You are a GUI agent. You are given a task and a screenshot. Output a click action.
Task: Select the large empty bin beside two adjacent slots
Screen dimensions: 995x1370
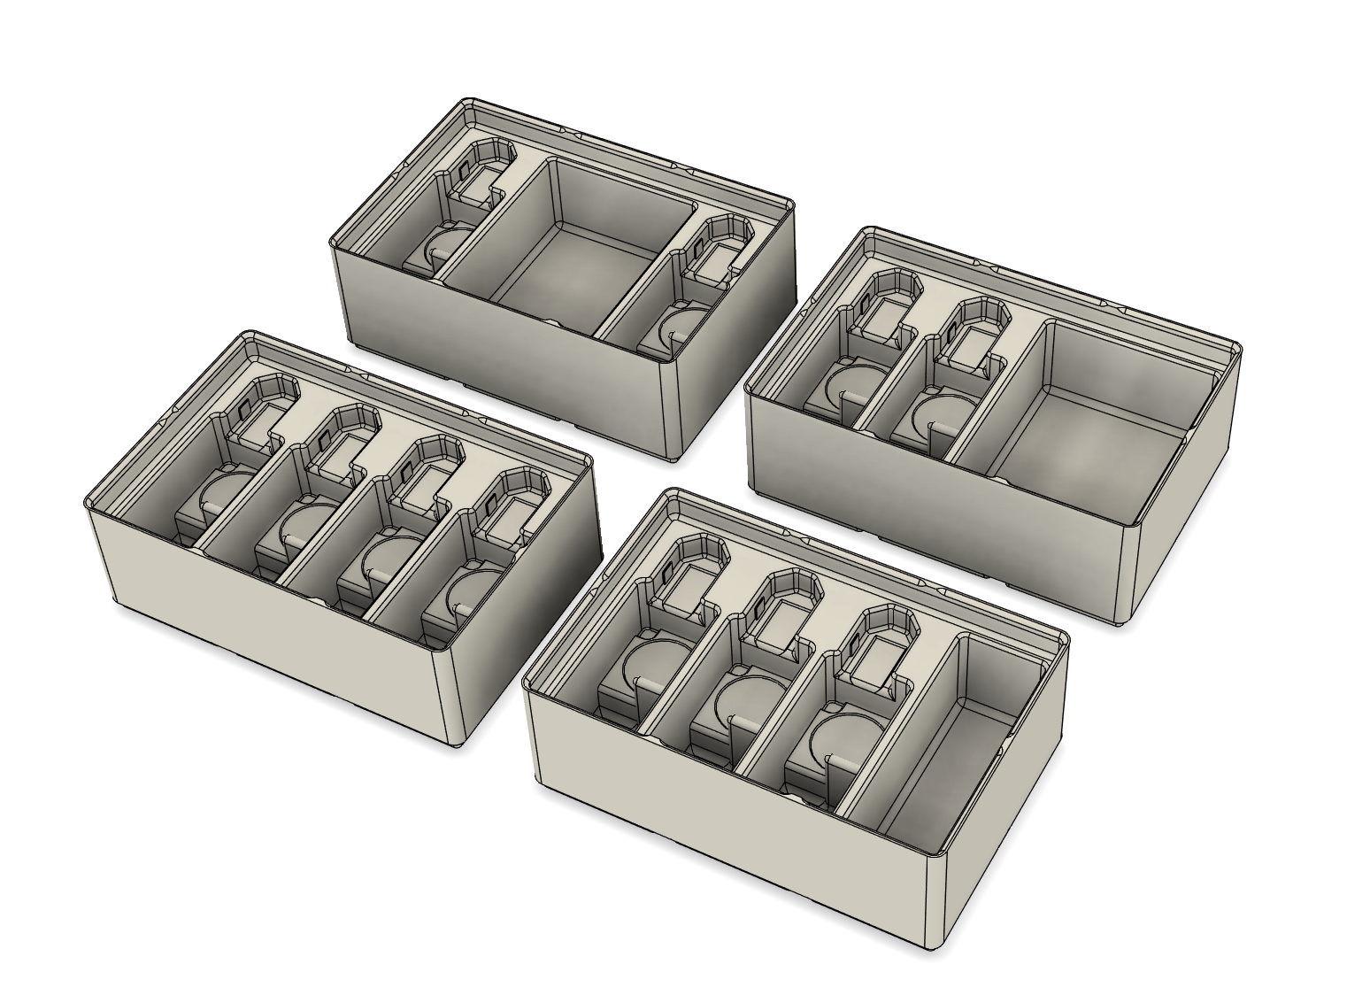tap(1089, 416)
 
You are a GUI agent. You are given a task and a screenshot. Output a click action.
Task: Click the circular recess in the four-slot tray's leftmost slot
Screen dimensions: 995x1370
tap(226, 496)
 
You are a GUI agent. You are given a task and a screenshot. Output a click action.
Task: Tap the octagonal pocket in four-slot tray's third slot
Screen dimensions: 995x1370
tap(423, 464)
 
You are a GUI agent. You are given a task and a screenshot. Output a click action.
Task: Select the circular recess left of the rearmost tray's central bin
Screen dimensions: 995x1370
tap(447, 247)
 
